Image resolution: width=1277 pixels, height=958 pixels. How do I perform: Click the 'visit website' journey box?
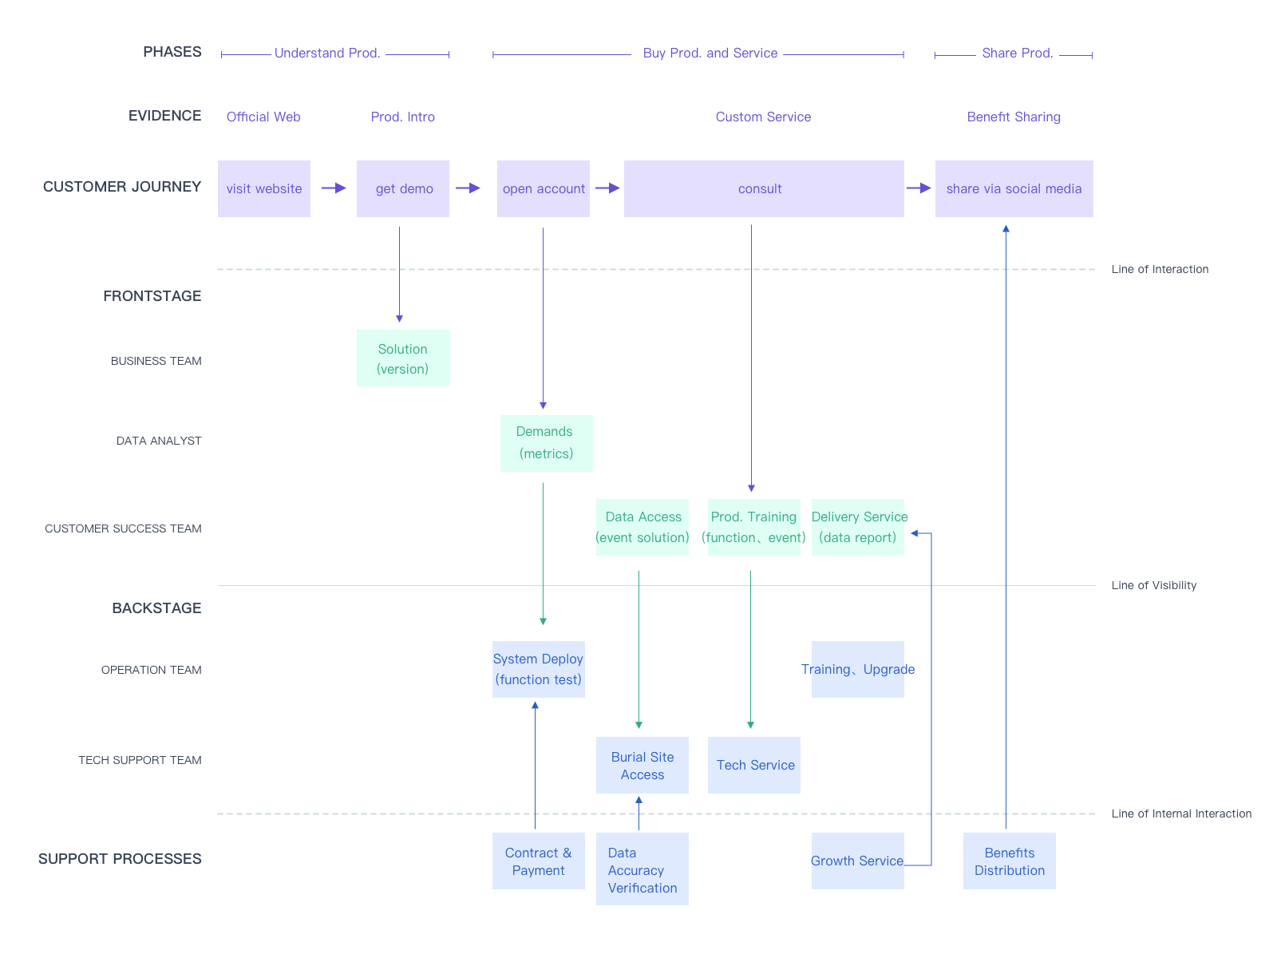[x=263, y=188]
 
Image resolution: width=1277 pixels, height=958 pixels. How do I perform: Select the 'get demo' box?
[x=403, y=188]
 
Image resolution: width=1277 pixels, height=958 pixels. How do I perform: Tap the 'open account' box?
[x=544, y=188]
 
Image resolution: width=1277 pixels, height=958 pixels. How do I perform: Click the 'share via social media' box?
[x=1014, y=188]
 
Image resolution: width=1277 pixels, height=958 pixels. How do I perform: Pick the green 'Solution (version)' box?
[x=403, y=358]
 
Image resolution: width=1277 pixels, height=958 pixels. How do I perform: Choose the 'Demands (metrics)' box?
[x=546, y=443]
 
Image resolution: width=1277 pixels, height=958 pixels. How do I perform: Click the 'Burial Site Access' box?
[x=642, y=765]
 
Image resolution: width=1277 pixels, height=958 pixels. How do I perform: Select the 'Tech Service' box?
[x=754, y=765]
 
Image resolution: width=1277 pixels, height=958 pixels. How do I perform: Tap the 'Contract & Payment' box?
[x=539, y=861]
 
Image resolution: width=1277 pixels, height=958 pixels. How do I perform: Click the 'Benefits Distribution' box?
[x=1010, y=861]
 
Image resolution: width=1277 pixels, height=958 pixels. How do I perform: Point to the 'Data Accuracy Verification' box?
[x=642, y=869]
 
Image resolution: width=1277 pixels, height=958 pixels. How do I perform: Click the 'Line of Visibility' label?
[x=1153, y=585]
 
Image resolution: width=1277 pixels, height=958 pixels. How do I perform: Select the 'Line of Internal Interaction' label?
[x=1181, y=814]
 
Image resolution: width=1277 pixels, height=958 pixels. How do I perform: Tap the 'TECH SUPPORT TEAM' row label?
[x=140, y=760]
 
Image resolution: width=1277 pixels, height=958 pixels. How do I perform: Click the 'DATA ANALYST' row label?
[x=159, y=441]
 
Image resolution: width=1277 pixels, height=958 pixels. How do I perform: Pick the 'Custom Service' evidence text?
[x=763, y=117]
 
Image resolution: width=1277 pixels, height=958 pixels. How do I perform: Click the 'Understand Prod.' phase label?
[x=327, y=53]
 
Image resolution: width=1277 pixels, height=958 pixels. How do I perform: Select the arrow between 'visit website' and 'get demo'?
[x=334, y=188]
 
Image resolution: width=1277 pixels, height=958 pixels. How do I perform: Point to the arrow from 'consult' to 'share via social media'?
[x=919, y=188]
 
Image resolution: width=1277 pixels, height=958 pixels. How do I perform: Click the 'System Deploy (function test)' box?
[x=539, y=669]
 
